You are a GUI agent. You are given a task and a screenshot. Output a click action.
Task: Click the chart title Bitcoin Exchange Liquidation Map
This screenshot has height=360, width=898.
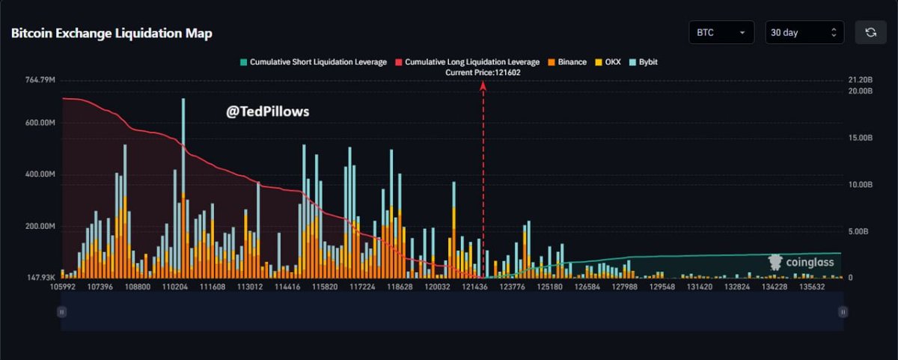click(x=112, y=34)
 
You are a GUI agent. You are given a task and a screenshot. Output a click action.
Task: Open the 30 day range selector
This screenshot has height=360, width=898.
click(x=804, y=33)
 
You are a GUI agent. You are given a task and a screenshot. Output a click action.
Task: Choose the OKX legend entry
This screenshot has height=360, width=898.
click(x=609, y=62)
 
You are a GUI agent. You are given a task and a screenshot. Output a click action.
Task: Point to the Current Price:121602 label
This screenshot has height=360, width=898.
click(x=483, y=73)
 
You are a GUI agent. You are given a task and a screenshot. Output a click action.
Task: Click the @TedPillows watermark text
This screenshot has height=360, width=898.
click(x=268, y=112)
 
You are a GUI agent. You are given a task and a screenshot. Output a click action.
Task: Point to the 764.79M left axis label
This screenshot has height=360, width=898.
click(x=40, y=79)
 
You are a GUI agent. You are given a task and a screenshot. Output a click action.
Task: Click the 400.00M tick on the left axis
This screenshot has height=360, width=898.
click(x=40, y=174)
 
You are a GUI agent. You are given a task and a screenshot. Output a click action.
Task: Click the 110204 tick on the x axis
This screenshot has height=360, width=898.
click(x=175, y=287)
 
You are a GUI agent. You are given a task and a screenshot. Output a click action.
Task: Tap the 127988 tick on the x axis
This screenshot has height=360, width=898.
click(x=625, y=287)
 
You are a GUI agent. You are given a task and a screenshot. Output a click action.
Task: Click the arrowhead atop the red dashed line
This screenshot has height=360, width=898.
click(x=483, y=86)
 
